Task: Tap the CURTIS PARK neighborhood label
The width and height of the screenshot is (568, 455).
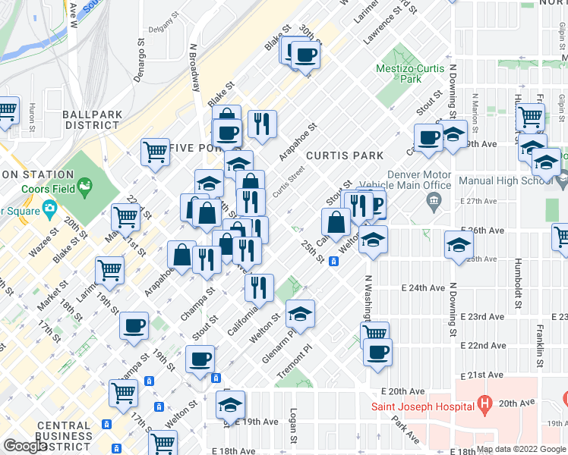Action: pos(344,155)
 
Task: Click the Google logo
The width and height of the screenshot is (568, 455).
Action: pos(25,446)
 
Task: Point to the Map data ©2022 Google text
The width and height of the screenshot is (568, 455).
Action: pos(521,449)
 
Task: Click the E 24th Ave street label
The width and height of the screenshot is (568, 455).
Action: pos(422,288)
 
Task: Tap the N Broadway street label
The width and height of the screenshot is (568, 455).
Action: pos(195,67)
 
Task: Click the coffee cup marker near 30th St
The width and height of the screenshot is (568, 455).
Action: pos(306,55)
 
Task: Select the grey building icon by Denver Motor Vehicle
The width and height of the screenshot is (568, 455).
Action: pos(433,200)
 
